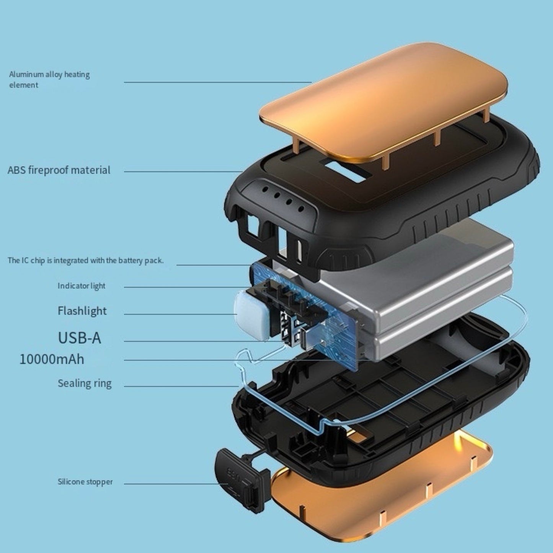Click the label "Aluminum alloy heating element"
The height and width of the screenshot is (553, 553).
pos(49,80)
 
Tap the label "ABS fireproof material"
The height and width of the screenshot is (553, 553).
pos(59,170)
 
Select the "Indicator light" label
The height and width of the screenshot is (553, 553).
pos(81,286)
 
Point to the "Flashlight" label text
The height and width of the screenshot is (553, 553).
pos(82,311)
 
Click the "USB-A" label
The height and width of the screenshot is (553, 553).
pos(79,338)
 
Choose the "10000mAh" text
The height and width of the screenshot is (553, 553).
pos(52,359)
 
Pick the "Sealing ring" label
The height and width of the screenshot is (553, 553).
pos(85,383)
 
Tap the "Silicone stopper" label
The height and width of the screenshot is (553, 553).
pos(85,482)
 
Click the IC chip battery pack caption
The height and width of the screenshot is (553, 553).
pos(85,261)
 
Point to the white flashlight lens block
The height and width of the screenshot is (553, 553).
pos(249,314)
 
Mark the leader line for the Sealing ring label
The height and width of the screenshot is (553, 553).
pos(180,386)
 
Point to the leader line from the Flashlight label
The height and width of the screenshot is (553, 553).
pos(180,314)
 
